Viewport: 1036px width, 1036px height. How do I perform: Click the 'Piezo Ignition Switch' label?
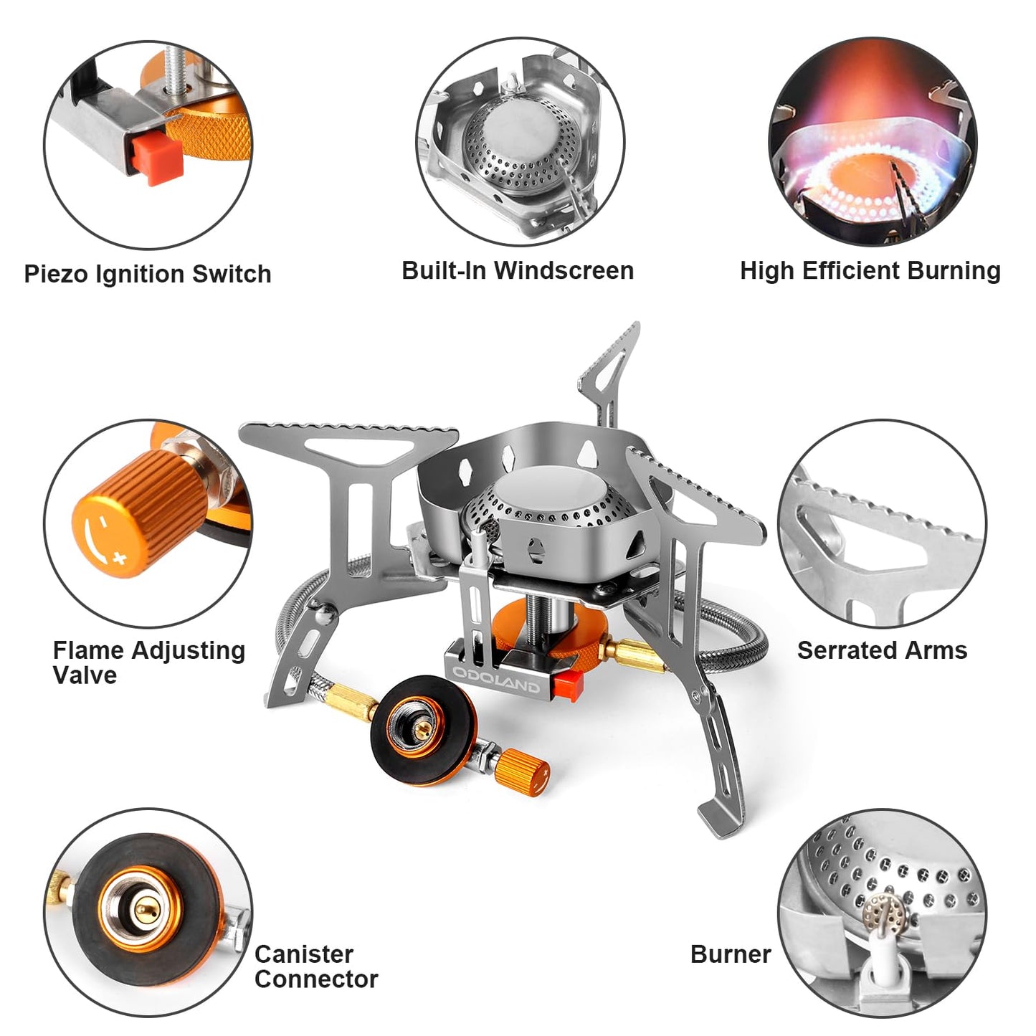coord(148,274)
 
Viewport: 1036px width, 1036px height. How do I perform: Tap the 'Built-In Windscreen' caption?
coord(518,270)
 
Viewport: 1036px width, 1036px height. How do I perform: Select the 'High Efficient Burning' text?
coord(870,271)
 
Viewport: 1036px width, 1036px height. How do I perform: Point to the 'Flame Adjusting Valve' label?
coord(149,662)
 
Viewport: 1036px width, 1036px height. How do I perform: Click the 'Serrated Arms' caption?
coord(883,650)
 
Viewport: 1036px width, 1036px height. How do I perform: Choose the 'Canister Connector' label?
coord(316,966)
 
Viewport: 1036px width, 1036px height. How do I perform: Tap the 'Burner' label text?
coord(731,954)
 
